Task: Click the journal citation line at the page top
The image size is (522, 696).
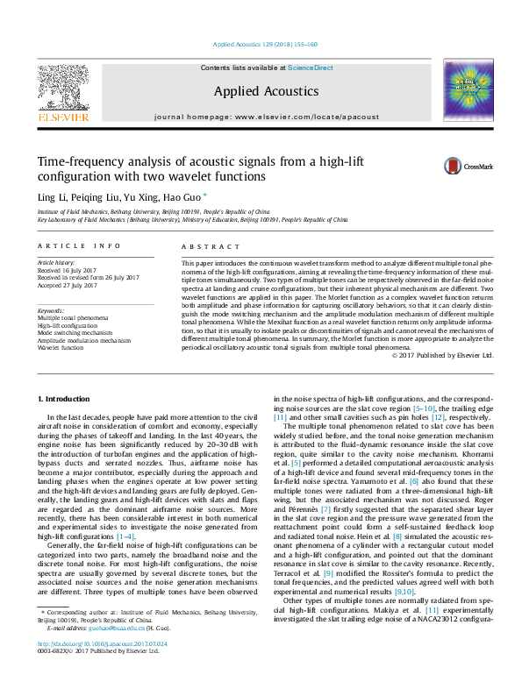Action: [x=265, y=44]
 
